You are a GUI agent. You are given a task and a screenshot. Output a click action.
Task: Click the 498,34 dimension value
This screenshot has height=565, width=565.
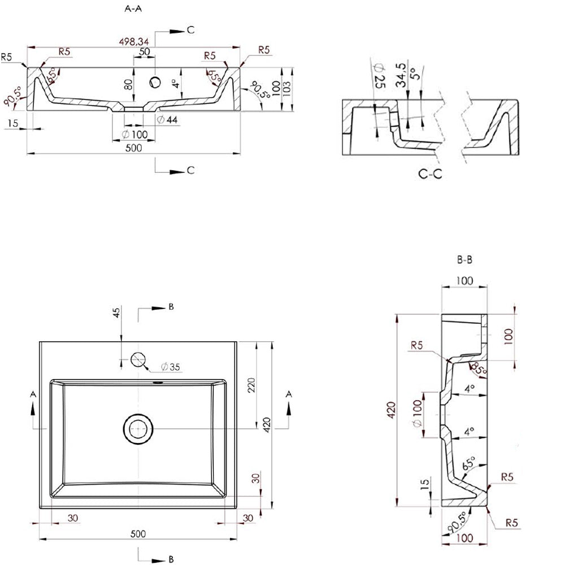click(134, 42)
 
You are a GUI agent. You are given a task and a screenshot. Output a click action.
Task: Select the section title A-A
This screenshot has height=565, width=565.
click(133, 8)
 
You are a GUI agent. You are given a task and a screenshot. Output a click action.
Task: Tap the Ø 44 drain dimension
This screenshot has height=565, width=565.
click(168, 120)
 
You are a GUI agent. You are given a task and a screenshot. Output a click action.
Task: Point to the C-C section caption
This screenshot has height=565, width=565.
click(430, 174)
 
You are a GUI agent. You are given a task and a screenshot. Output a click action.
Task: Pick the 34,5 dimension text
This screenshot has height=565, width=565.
click(401, 75)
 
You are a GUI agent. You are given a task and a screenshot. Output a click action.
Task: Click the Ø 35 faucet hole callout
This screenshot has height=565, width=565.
click(171, 367)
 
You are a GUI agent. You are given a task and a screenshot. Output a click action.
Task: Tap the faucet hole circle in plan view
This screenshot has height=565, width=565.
click(138, 359)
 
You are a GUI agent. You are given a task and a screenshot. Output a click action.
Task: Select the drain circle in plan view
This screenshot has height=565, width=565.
click(138, 429)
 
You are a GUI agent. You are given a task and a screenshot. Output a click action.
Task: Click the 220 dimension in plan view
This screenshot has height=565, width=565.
click(251, 385)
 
